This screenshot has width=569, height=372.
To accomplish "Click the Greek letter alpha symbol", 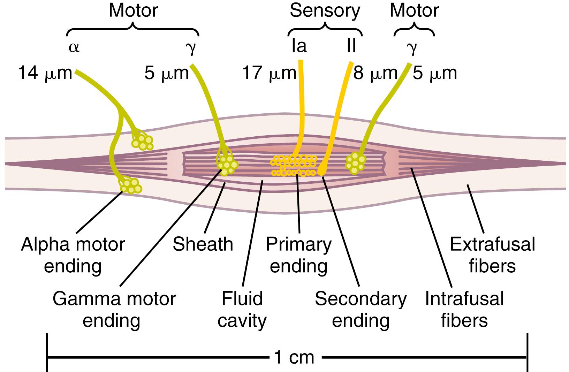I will click(x=74, y=47).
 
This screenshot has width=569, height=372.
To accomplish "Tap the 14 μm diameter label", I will click(x=45, y=74).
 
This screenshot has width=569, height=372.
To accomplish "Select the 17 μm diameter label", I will click(x=269, y=74).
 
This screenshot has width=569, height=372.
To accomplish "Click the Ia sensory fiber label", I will click(x=299, y=46).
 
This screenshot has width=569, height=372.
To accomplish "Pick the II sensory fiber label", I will click(x=351, y=46).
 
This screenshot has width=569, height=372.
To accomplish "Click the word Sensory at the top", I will click(x=325, y=11).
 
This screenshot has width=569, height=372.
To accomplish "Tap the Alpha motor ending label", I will click(x=73, y=255).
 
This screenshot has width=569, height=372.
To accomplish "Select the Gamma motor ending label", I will click(x=114, y=310).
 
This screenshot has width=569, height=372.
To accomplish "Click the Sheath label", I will click(x=203, y=244).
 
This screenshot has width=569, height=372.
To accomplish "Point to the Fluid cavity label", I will click(x=242, y=310).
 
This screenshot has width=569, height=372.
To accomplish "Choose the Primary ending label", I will click(x=298, y=255).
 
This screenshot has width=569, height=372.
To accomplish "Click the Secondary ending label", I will click(x=361, y=310).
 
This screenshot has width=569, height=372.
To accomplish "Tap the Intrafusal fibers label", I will click(x=464, y=310).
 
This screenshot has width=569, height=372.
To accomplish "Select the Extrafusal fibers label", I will click(x=492, y=255).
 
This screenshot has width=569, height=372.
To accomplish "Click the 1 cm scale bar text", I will click(x=295, y=357).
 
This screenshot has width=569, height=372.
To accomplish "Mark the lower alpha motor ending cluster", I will click(x=131, y=185).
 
